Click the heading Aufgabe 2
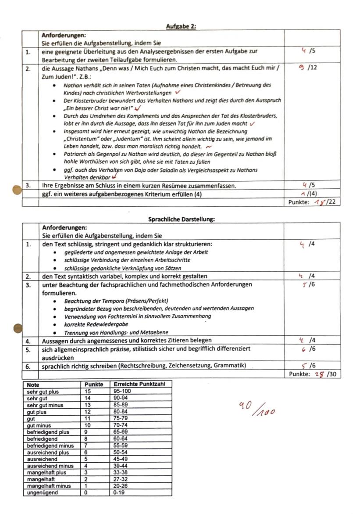tap(181, 26)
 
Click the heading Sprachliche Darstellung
tap(181, 219)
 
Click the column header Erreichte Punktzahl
tap(139, 384)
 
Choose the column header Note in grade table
tap(33, 384)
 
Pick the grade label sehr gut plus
tap(43, 392)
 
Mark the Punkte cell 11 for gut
tap(88, 418)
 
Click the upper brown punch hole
tap(17, 190)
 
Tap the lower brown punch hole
tap(17, 327)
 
